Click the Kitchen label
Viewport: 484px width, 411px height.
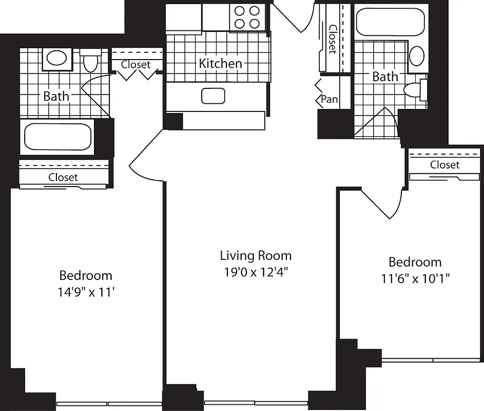tap(220, 63)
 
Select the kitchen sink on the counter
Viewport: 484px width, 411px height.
tap(214, 96)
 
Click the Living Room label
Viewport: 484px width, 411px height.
tap(255, 255)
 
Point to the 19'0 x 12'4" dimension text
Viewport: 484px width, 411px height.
tap(255, 272)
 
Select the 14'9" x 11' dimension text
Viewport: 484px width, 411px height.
tap(86, 292)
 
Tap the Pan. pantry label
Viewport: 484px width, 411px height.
tap(330, 99)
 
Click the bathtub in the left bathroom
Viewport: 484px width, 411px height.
tap(57, 137)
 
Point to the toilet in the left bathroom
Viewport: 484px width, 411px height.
tap(90, 62)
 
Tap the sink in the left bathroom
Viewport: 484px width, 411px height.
tap(56, 58)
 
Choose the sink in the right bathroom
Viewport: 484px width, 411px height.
tap(416, 55)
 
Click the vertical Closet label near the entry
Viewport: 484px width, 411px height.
tap(332, 39)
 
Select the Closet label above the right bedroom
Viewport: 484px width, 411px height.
tap(444, 164)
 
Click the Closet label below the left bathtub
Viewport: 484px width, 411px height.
tap(63, 177)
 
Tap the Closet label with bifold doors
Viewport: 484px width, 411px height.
tap(136, 65)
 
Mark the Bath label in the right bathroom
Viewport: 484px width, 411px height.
tap(385, 77)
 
